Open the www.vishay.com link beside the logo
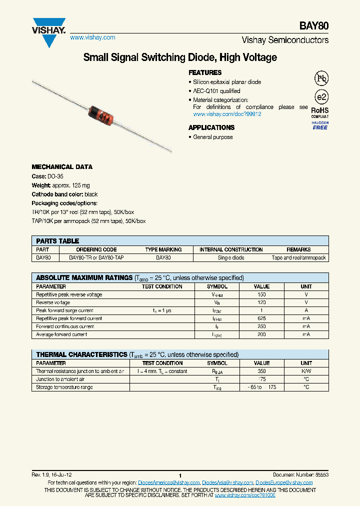point(92,37)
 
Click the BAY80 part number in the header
point(314,26)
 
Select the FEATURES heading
point(205,72)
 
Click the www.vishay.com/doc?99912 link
point(227,114)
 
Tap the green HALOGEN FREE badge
point(320,126)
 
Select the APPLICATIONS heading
point(211,127)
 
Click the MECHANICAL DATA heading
point(62,167)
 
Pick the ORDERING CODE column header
point(96,249)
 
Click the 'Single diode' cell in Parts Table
point(231,258)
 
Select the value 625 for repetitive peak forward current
point(261,318)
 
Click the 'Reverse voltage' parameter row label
point(53,302)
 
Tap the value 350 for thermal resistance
point(261,371)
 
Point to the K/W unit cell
point(306,371)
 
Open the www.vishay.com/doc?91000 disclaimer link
point(245,494)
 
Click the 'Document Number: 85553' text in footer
point(300,474)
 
